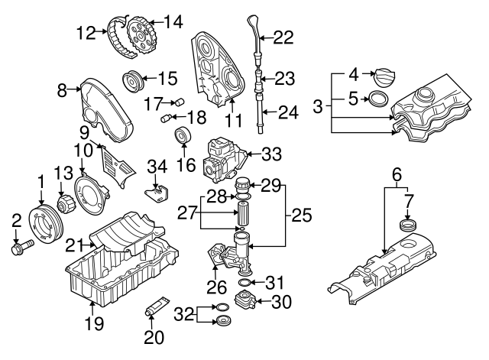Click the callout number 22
[x=283, y=37]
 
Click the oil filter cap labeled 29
[x=243, y=186]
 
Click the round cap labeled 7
[x=407, y=227]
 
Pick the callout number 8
[x=63, y=90]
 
